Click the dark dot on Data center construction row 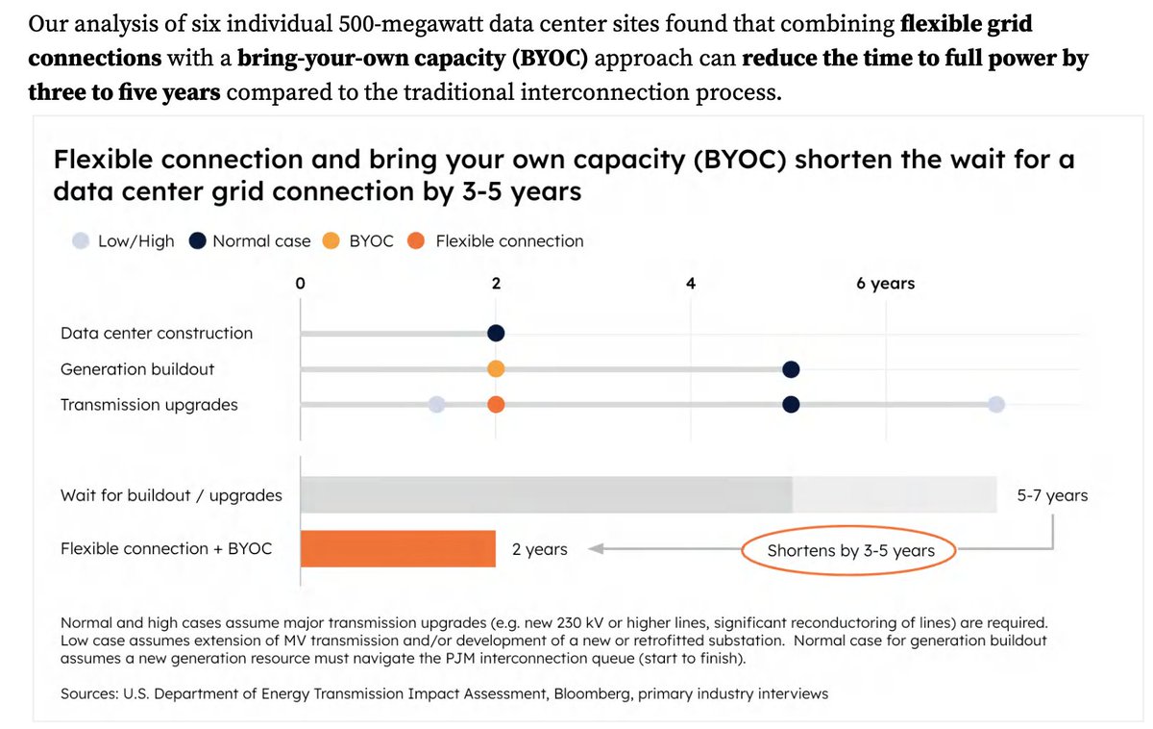click(496, 333)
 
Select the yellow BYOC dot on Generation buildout click(496, 369)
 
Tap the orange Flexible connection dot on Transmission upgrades click(496, 405)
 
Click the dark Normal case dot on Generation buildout click(791, 369)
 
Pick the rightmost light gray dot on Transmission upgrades click(996, 405)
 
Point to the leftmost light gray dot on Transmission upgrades click(437, 405)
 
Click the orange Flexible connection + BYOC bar click(398, 549)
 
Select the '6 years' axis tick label click(885, 284)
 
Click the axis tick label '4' click(691, 284)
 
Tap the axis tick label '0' click(301, 284)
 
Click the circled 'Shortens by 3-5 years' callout click(850, 551)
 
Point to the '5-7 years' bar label click(1052, 496)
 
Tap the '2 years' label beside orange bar click(539, 550)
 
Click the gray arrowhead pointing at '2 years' click(595, 550)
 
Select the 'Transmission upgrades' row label click(149, 405)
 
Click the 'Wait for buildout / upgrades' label click(171, 496)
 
